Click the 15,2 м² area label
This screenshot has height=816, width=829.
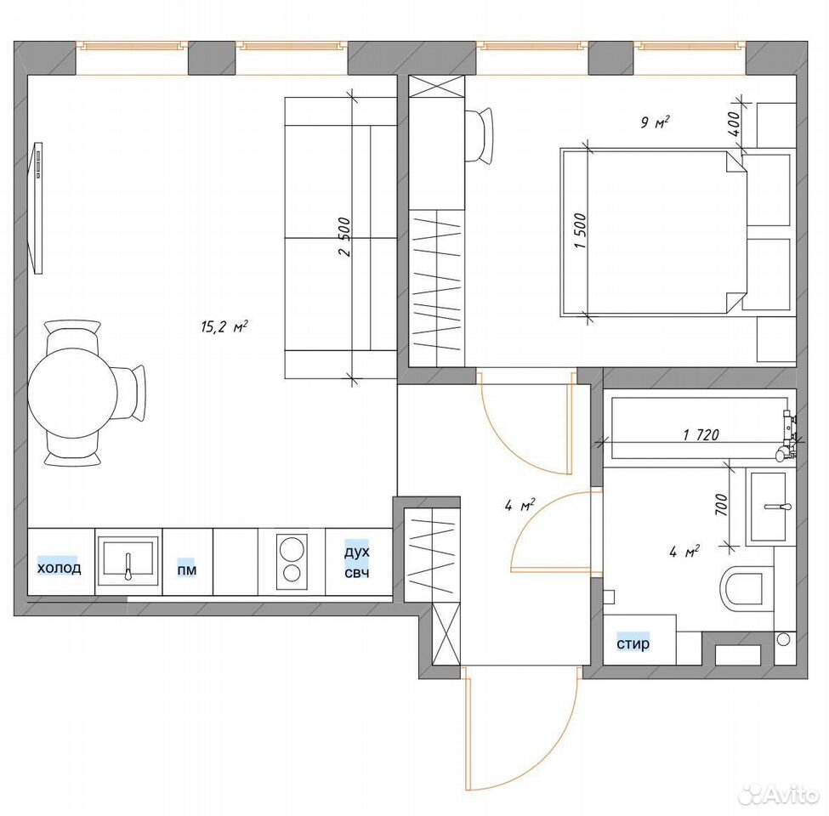(224, 326)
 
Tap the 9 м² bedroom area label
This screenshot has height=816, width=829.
(655, 122)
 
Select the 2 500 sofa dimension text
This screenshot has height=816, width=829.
(344, 237)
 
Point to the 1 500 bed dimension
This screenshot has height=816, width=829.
(580, 231)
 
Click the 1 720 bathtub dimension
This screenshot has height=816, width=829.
(701, 434)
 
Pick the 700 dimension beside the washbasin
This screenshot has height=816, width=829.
(721, 505)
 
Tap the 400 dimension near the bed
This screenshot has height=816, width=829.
(734, 124)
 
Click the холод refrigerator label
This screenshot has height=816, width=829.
(59, 568)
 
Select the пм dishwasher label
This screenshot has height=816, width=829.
(186, 569)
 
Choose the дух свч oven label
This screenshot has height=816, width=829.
(357, 563)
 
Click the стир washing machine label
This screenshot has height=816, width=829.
(633, 643)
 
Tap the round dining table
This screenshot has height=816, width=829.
(72, 393)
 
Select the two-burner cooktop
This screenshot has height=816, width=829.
(292, 562)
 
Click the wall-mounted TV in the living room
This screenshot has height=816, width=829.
(37, 207)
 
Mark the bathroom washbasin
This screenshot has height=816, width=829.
(770, 507)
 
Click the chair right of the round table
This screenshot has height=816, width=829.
(132, 394)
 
